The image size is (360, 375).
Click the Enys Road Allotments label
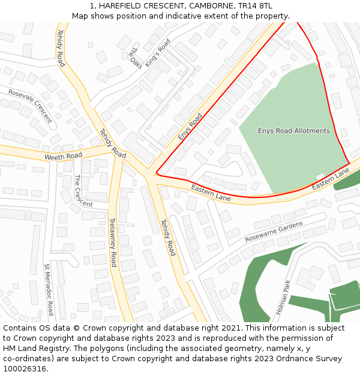pyautogui.click(x=294, y=131)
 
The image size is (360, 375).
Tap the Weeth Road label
pyautogui.click(x=63, y=157)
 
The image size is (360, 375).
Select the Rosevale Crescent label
pyautogui.click(x=30, y=106)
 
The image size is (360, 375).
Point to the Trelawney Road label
pyautogui.click(x=113, y=242)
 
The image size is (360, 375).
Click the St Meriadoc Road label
pyautogui.click(x=49, y=289)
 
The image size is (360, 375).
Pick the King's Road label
pyautogui.click(x=158, y=52)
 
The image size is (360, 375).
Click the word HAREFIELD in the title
pyautogui.click(x=124, y=5)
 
